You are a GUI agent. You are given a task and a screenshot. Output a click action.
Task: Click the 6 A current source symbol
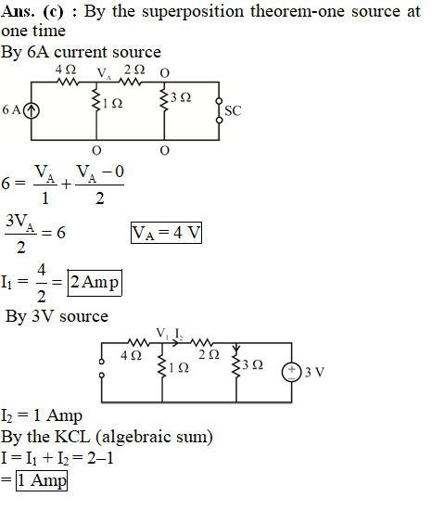click(32, 110)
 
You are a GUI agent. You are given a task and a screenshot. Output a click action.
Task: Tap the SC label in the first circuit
click(233, 111)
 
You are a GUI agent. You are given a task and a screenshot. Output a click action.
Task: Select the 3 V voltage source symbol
click(292, 372)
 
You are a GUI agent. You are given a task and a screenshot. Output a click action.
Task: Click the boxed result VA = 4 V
click(166, 233)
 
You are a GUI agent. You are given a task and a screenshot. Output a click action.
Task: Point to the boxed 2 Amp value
click(95, 282)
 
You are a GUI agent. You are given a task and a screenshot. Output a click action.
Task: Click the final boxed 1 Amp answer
click(42, 480)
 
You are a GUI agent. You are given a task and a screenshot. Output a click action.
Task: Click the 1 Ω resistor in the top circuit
click(96, 100)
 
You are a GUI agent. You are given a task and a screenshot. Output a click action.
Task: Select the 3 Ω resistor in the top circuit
click(164, 99)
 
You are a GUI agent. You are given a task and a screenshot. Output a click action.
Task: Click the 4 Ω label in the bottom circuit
click(131, 355)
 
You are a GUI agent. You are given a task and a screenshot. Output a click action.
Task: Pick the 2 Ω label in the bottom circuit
click(209, 354)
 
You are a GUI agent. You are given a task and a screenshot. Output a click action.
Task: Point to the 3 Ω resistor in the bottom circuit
click(236, 366)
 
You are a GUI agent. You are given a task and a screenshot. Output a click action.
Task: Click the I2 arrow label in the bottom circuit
click(179, 334)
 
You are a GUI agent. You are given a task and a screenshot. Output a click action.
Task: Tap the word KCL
click(72, 437)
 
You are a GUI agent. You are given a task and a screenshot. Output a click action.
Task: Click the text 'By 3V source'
click(57, 316)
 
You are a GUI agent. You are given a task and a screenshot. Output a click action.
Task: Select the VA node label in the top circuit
click(105, 73)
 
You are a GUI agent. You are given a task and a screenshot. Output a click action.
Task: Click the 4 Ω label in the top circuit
click(66, 70)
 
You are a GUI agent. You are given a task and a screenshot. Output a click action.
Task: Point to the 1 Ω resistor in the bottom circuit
click(162, 366)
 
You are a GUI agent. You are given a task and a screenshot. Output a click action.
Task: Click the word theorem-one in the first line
click(297, 11)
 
